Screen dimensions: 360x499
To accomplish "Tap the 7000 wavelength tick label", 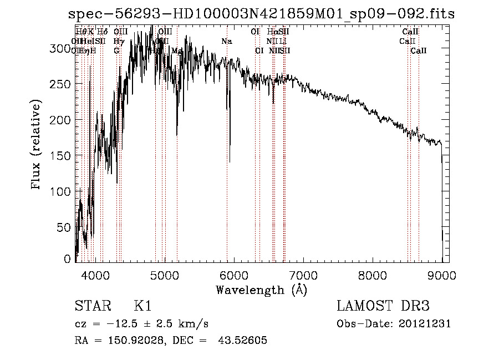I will pyautogui.click(x=303, y=275).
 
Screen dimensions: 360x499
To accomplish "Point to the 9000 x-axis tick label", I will pyautogui.click(x=442, y=275).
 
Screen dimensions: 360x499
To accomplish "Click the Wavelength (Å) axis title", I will pyautogui.click(x=261, y=290).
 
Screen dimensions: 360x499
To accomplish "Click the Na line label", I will pyautogui.click(x=226, y=42).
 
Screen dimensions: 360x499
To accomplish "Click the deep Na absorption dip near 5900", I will pyautogui.click(x=230, y=158).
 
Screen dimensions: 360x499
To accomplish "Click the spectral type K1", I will pyautogui.click(x=142, y=306).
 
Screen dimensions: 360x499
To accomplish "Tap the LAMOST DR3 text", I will pyautogui.click(x=383, y=306).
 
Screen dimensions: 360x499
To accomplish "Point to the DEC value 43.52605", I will pyautogui.click(x=243, y=341).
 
